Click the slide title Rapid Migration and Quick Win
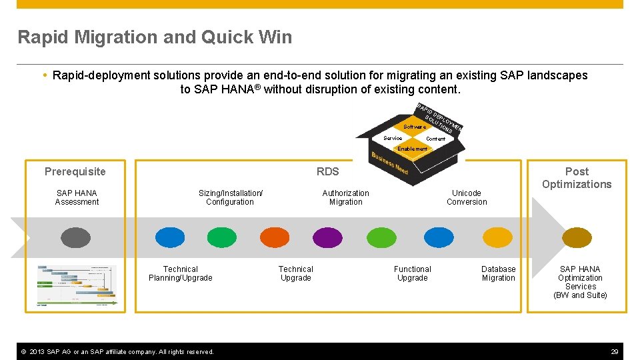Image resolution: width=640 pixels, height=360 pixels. tap(155, 37)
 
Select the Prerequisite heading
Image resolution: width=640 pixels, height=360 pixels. tap(75, 172)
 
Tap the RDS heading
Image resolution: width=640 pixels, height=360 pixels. tap(327, 172)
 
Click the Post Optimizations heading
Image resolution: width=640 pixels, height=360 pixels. tap(576, 178)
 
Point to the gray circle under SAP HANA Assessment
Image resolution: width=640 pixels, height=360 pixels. tap(75, 237)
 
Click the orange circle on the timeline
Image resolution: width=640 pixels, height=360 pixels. tap(275, 237)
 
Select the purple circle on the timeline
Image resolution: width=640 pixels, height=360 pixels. tap(327, 237)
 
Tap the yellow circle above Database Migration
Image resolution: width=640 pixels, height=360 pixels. tap(497, 237)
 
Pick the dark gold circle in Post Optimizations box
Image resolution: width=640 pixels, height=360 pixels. tap(577, 237)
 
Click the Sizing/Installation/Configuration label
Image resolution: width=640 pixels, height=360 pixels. tap(230, 197)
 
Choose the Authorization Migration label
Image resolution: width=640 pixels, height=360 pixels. tap(345, 197)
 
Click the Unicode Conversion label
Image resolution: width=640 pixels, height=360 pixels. tap(467, 197)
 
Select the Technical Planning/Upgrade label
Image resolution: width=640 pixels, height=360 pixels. tap(180, 273)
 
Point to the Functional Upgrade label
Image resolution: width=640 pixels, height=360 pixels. tap(412, 273)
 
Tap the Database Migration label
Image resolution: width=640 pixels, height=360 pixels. tap(498, 273)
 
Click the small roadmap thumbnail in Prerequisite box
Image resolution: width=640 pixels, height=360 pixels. tap(77, 285)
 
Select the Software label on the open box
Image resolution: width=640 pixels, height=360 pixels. tap(414, 127)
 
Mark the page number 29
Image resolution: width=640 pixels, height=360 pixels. tap(614, 351)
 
